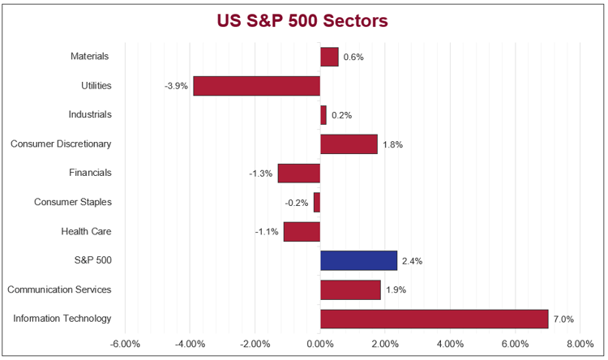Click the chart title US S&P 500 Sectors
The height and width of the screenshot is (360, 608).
pyautogui.click(x=302, y=20)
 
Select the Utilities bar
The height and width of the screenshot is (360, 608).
pyautogui.click(x=257, y=86)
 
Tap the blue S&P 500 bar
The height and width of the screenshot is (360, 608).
pyautogui.click(x=358, y=260)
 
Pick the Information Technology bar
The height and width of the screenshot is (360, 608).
pyautogui.click(x=435, y=319)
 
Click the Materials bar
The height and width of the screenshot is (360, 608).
pyautogui.click(x=329, y=57)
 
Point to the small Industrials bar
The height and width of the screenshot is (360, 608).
pyautogui.click(x=323, y=115)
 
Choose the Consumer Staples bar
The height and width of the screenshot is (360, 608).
pyautogui.click(x=317, y=202)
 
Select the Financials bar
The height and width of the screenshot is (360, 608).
pyautogui.click(x=299, y=173)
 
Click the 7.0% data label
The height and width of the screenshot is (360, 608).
pyautogui.click(x=563, y=319)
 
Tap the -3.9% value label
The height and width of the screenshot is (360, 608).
pyautogui.click(x=177, y=86)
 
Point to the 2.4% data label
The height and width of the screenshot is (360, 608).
pyautogui.click(x=412, y=261)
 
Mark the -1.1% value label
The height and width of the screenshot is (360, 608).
pyautogui.click(x=267, y=232)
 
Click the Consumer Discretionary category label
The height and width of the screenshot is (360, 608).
pyautogui.click(x=61, y=144)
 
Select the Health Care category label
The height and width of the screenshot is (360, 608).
pyautogui.click(x=86, y=232)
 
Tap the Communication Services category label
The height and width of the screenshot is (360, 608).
pyautogui.click(x=59, y=289)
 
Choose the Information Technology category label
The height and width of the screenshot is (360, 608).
pyautogui.click(x=62, y=319)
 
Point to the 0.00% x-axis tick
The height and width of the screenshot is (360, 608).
pyautogui.click(x=320, y=344)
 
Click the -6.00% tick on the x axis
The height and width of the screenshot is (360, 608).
pyautogui.click(x=125, y=344)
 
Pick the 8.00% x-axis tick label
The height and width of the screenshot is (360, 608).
pyautogui.click(x=580, y=344)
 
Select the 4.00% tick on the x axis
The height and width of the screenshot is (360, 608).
pyautogui.click(x=450, y=344)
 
